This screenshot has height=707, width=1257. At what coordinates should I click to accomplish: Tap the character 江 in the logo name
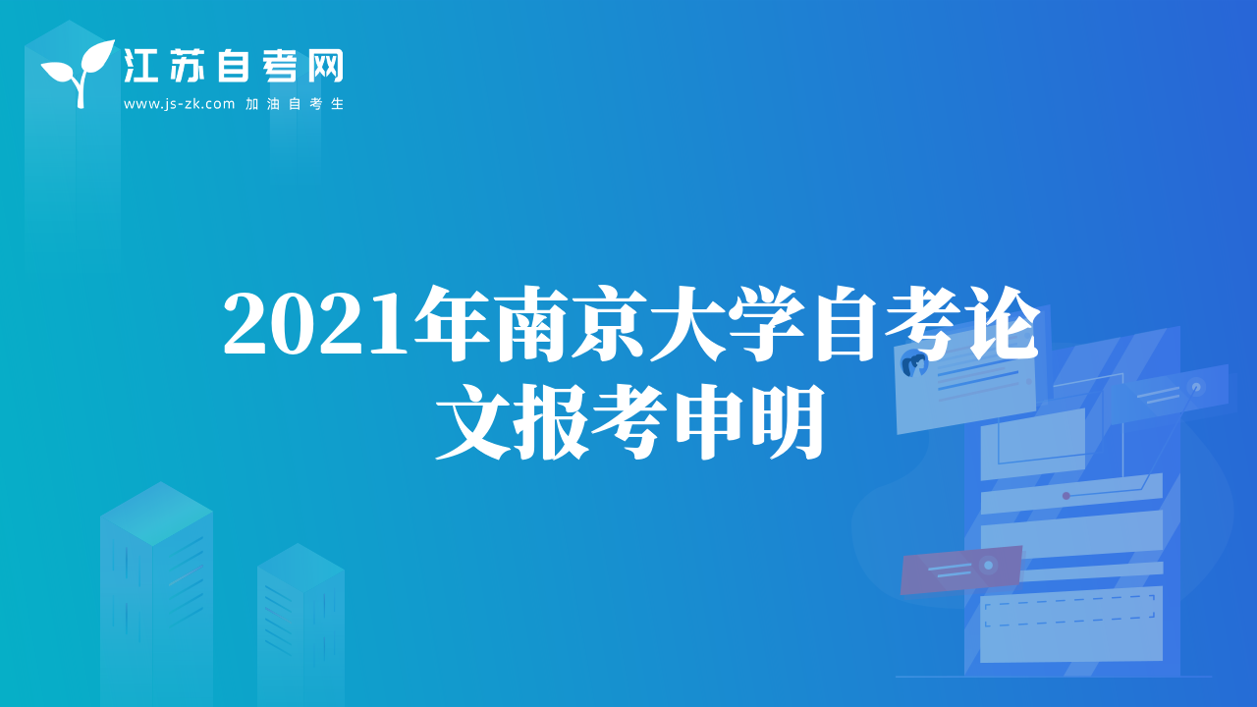(x=140, y=66)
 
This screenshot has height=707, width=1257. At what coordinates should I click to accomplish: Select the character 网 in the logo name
(x=325, y=66)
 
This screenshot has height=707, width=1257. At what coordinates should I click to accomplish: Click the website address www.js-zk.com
(x=179, y=104)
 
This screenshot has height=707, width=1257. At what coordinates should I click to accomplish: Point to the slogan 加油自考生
(x=295, y=104)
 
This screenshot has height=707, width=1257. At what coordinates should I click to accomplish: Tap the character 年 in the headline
(x=453, y=323)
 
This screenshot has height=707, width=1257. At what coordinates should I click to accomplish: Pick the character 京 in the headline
(x=610, y=323)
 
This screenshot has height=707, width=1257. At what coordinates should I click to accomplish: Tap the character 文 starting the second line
(x=474, y=422)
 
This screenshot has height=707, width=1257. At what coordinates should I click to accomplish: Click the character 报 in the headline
(x=552, y=422)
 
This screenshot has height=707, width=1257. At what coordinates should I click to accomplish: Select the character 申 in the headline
(x=708, y=422)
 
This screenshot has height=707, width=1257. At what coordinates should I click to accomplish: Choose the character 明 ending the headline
(x=788, y=422)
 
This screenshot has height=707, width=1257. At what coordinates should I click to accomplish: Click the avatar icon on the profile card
(x=913, y=364)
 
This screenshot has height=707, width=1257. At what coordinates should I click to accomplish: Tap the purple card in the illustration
(x=960, y=570)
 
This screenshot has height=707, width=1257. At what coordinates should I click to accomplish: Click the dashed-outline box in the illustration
(x=1069, y=611)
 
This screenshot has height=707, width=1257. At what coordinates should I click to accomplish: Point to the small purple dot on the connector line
(x=1066, y=496)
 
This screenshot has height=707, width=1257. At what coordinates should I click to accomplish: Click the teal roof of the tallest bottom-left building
(x=156, y=514)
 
